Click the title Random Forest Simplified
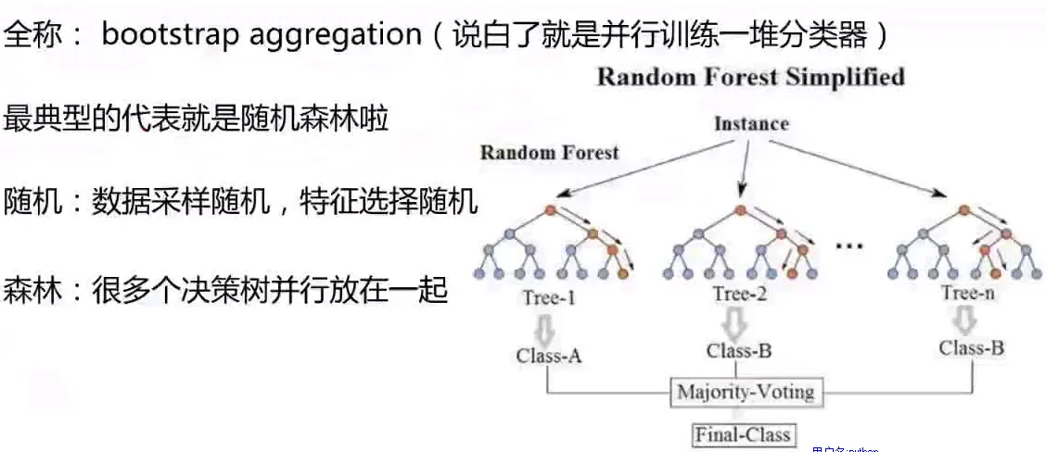pos(750,76)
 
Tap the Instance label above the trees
pos(751,123)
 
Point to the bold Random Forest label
pos(549,152)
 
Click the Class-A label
pos(548,355)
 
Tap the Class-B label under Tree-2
pos(738,351)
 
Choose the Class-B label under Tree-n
pos(971,348)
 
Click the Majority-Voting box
pos(746,392)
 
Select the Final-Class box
pos(743,433)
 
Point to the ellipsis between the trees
pos(848,245)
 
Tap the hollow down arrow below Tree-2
pos(736,323)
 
